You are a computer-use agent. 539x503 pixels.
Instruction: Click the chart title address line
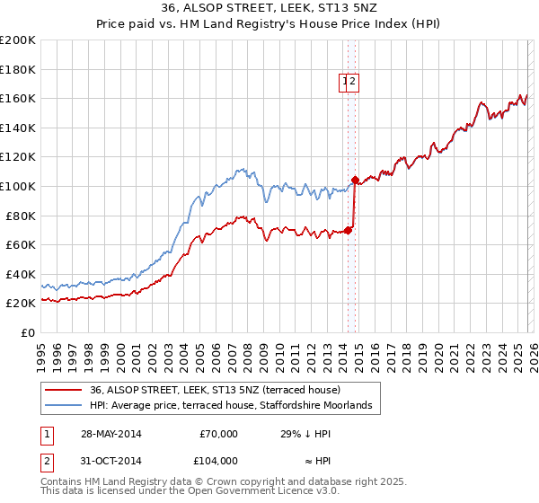pyautogui.click(x=269, y=8)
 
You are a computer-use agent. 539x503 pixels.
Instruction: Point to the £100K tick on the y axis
pyautogui.click(x=18, y=186)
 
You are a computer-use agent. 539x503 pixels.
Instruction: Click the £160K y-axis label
pyautogui.click(x=18, y=98)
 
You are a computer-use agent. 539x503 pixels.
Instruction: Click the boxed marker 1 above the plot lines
pyautogui.click(x=345, y=82)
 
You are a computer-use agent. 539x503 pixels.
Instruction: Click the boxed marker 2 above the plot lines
pyautogui.click(x=354, y=82)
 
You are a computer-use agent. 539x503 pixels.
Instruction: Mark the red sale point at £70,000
pyautogui.click(x=349, y=230)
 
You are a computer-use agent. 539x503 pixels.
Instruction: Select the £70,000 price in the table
pyautogui.click(x=218, y=434)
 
